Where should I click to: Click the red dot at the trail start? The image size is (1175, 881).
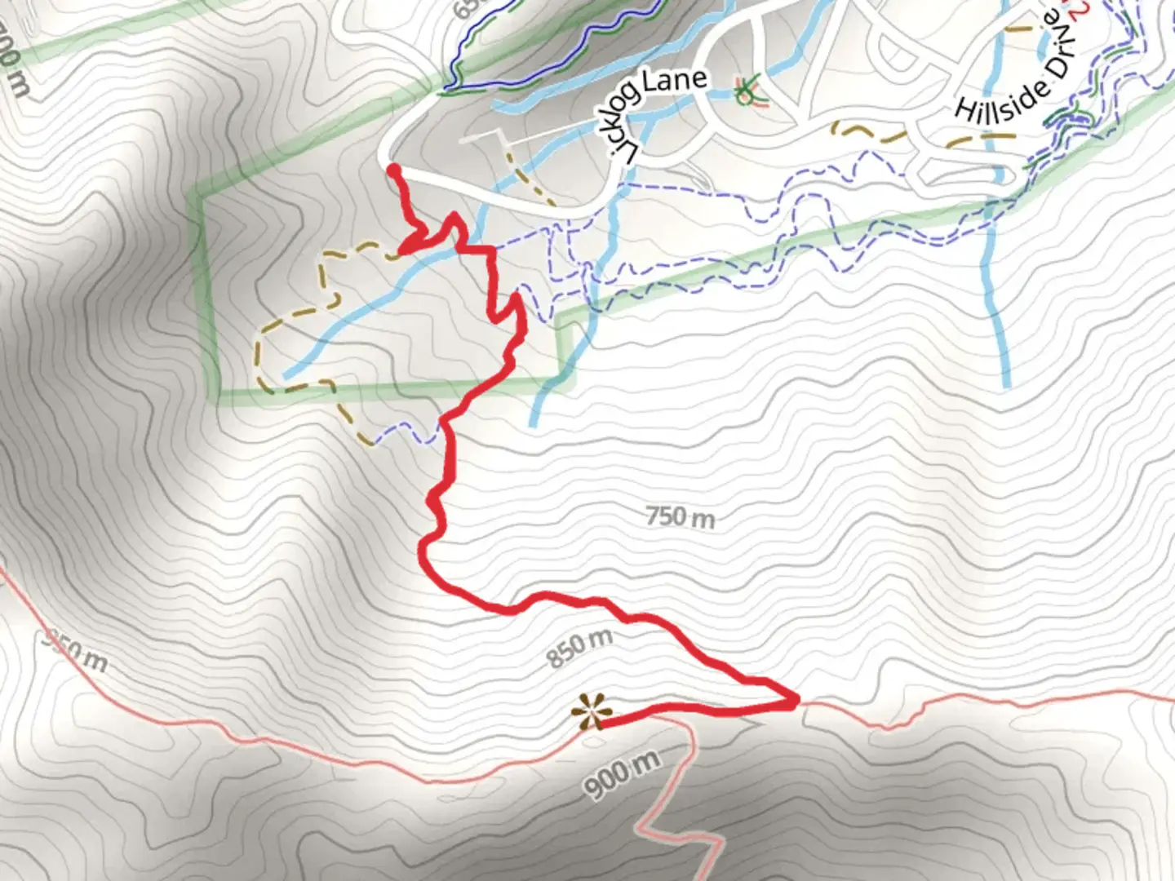pyautogui.click(x=392, y=170)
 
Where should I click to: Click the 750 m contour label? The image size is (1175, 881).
pyautogui.click(x=680, y=516)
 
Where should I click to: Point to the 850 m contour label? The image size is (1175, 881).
pyautogui.click(x=579, y=648)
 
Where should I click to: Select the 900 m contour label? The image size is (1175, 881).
pyautogui.click(x=622, y=776)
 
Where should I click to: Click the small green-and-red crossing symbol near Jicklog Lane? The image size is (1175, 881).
pyautogui.click(x=746, y=91)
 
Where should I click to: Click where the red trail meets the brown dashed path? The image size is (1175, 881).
pyautogui.click(x=401, y=250)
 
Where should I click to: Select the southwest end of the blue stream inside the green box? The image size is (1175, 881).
pyautogui.click(x=284, y=376)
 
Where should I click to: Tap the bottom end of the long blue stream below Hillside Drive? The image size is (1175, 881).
pyautogui.click(x=1007, y=384)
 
